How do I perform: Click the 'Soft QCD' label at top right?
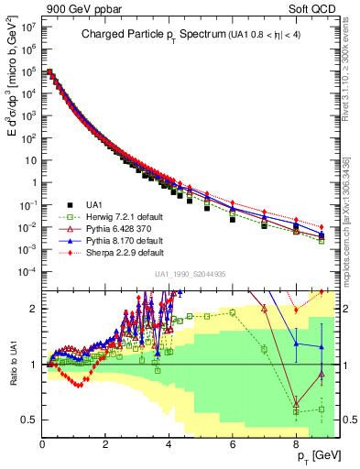pos(317,9)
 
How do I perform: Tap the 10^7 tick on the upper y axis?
pos(27,27)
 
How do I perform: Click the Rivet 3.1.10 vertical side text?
pos(350,69)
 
